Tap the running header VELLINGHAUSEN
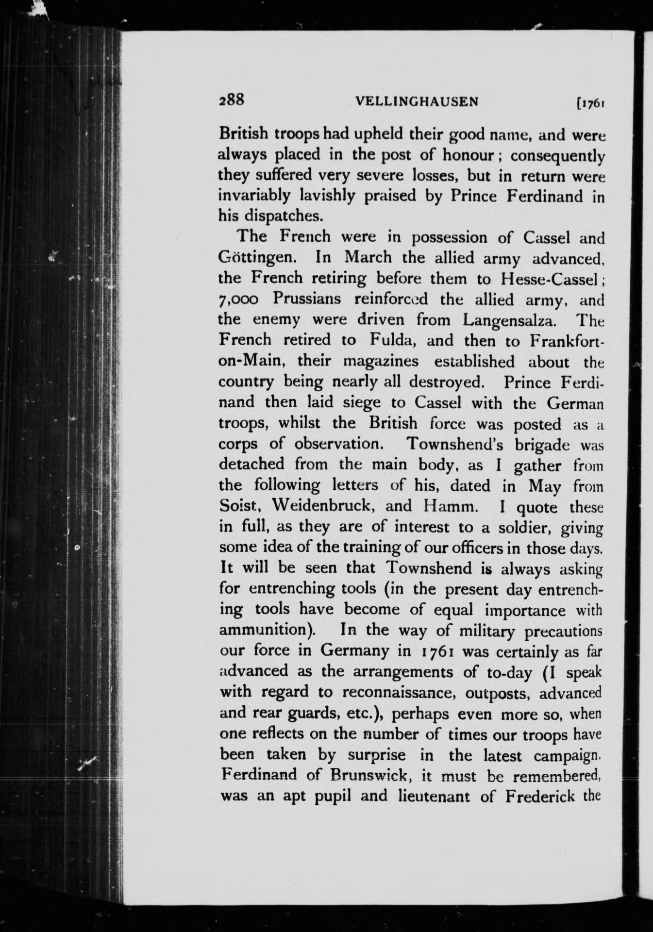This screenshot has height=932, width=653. [x=417, y=101]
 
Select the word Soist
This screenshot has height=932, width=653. [x=240, y=506]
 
